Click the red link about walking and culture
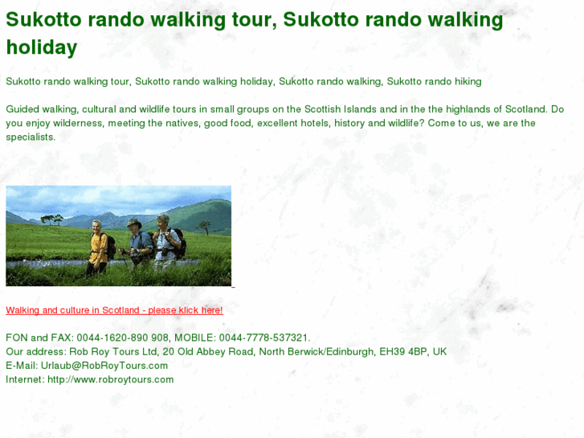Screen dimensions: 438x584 [x=114, y=310]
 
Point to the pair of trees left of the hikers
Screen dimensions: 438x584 [x=52, y=218]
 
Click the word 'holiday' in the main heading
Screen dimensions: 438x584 [x=42, y=47]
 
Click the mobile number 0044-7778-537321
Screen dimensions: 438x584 [x=264, y=338]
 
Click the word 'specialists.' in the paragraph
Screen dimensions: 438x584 [x=31, y=137]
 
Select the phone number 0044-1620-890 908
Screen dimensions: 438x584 [x=123, y=338]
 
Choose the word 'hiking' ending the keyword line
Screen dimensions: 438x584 [x=466, y=81]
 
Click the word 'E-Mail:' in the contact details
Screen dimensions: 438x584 [x=22, y=366]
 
